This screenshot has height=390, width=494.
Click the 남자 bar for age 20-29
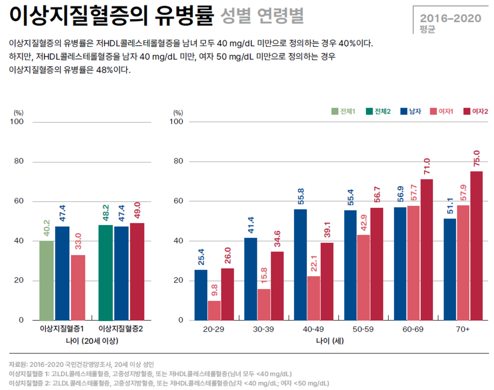coord(201,295)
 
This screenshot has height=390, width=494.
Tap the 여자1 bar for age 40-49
coord(313,298)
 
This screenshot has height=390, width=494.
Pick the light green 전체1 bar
coord(46,280)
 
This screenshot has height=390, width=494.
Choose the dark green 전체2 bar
coord(105,273)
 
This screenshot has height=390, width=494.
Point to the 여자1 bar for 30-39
coord(263,304)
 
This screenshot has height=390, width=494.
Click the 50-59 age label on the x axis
coord(363,329)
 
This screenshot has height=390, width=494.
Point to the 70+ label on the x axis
coord(463,329)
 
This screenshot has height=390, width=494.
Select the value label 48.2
coord(106,212)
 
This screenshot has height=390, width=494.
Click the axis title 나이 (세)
coord(330,341)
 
